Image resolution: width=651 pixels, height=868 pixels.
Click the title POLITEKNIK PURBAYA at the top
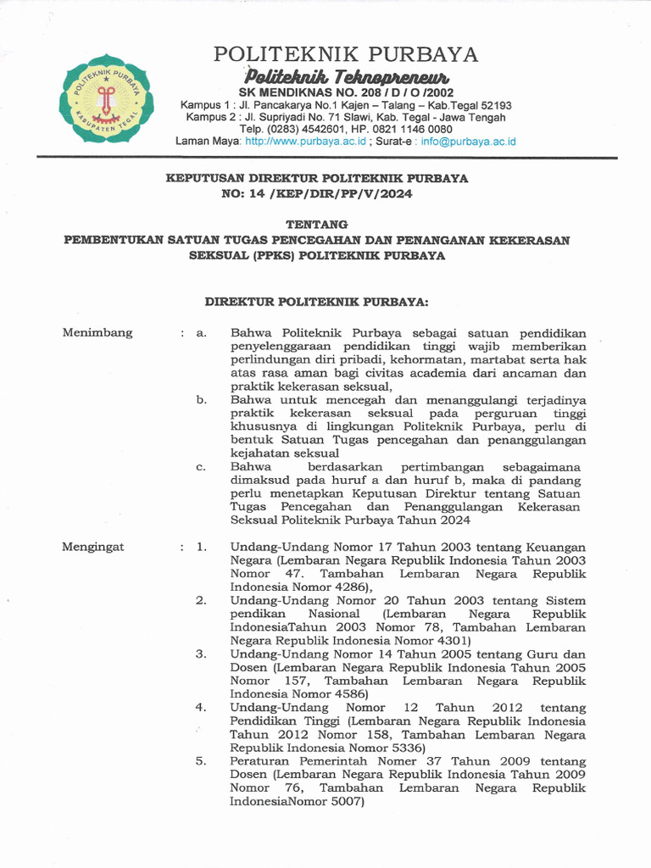346,55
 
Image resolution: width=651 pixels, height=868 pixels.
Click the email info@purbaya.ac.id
467,141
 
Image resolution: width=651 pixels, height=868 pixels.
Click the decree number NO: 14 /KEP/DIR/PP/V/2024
317,193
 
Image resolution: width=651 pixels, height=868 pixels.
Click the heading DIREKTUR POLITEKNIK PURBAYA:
317,301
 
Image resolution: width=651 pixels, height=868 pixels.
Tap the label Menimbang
97,332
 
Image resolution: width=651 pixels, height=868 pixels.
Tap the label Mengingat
93,547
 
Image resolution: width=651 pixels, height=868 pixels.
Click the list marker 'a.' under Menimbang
202,333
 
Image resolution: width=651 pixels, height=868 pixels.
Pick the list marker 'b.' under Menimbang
202,398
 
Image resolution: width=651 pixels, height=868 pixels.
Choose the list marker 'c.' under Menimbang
201,466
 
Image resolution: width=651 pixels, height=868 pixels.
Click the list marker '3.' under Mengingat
201,654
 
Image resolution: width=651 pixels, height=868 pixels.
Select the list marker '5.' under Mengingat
201,761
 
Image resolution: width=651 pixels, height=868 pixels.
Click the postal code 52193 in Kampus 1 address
493,105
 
